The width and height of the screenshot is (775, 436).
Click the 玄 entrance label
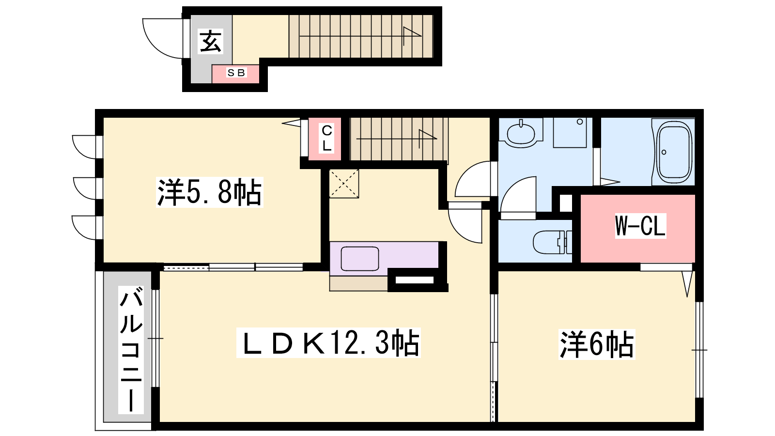coord(210,41)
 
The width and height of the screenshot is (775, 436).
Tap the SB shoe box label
coord(236,73)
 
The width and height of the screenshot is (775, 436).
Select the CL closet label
coord(326,139)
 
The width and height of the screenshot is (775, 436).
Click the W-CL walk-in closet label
coord(640,226)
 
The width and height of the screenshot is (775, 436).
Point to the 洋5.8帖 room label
coord(209,192)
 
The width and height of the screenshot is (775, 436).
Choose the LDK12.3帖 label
coord(328,343)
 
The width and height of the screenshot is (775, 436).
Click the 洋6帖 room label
coord(597,344)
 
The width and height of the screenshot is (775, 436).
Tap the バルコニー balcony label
coord(131,349)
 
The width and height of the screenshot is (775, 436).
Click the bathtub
coord(674,152)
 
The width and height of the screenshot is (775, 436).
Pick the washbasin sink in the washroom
coord(521,133)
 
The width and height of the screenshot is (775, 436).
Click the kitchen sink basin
coord(360,259)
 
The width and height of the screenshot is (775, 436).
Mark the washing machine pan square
coord(570,133)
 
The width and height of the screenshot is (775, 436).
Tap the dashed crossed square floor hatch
coord(344,184)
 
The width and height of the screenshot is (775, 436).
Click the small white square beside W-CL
coord(566,203)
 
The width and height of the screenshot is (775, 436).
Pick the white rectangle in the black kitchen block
coord(415,280)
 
